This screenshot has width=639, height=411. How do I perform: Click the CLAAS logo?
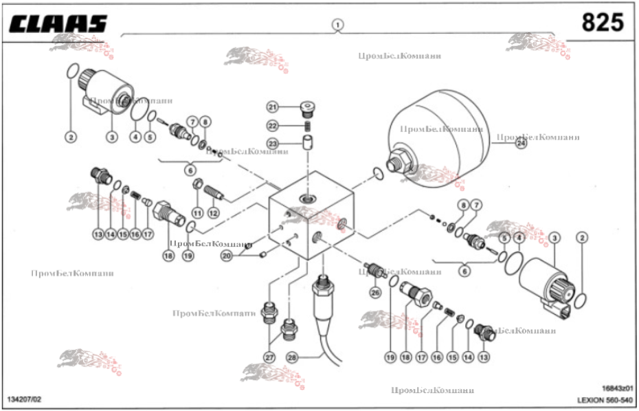58,23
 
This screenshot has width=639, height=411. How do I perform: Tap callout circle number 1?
337,25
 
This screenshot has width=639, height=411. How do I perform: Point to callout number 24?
521,144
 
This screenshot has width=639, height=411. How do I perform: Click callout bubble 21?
273,107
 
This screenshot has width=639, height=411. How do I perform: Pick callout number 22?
273,125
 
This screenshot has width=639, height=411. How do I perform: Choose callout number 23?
273,144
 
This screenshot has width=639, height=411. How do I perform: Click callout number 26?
375,293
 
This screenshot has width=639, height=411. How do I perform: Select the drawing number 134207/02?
24,399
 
